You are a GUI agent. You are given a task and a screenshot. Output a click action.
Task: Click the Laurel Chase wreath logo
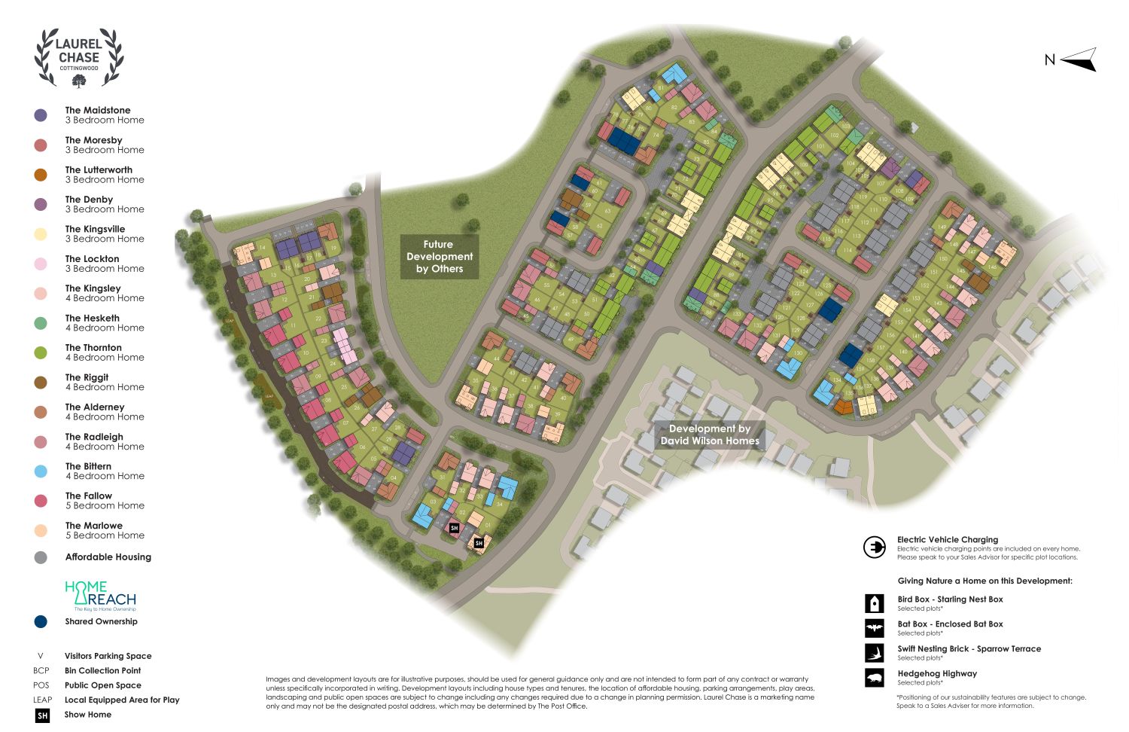coord(79,58)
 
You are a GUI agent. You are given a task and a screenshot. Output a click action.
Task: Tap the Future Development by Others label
coord(440,257)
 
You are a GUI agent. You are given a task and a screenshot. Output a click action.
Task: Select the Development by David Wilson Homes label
coord(710,435)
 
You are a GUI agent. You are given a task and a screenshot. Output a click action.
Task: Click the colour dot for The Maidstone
coord(41,115)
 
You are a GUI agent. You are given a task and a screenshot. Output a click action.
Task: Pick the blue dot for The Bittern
coord(41,471)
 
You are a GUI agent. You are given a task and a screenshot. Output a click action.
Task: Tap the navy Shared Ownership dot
coord(41,621)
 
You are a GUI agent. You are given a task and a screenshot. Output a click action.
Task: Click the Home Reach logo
coord(100,596)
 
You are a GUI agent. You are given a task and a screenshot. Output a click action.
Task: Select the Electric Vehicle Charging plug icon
coord(875,547)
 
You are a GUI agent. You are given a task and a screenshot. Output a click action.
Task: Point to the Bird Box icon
coord(875,603)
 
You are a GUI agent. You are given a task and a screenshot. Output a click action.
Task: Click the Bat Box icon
coord(875,628)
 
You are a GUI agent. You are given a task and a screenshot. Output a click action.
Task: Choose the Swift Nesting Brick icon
coord(875,652)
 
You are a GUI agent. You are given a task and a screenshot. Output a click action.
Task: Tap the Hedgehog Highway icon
coord(875,678)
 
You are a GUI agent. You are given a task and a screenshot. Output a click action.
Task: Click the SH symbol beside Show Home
coord(43,715)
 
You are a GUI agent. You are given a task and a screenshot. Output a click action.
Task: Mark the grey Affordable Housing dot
coord(41,557)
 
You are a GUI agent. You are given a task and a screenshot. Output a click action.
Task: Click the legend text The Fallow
coord(89,496)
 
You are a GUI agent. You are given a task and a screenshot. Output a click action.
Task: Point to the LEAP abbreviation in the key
coord(42,700)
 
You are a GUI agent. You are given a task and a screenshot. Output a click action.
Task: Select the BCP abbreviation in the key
coord(41,671)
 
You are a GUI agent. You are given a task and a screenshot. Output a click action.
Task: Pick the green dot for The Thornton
coord(41,352)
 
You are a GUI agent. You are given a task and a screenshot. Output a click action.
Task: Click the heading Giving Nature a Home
coord(984,581)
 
